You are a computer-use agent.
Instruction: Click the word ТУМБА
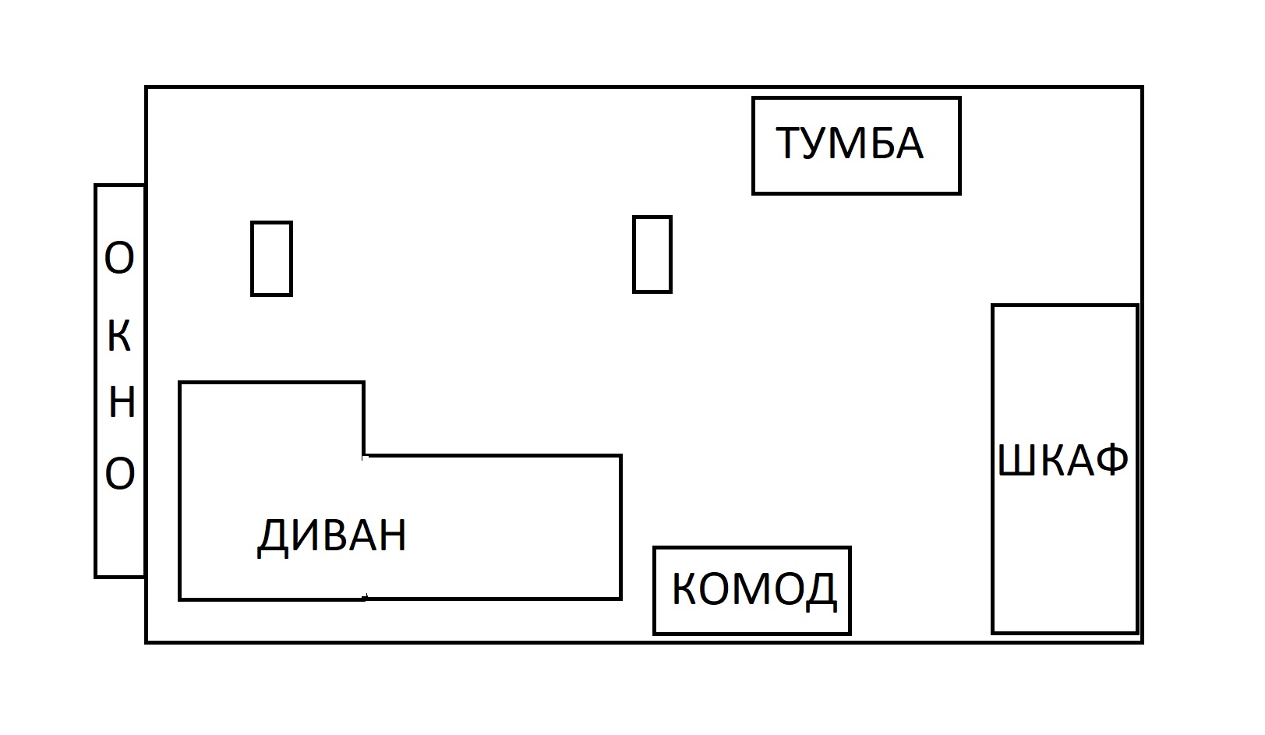pos(850,144)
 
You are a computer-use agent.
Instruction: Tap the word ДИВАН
pos(332,536)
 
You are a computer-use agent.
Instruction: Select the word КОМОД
pos(754,590)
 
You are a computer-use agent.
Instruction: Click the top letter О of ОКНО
pos(119,259)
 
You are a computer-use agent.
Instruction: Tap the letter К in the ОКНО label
pos(119,337)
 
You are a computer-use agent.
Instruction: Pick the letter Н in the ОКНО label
pos(122,403)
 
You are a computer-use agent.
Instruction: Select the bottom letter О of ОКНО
pos(120,473)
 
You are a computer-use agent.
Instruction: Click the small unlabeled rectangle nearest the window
pos(271,259)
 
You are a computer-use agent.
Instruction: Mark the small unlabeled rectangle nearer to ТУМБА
pos(652,255)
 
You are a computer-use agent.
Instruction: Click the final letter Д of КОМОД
pos(821,591)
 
